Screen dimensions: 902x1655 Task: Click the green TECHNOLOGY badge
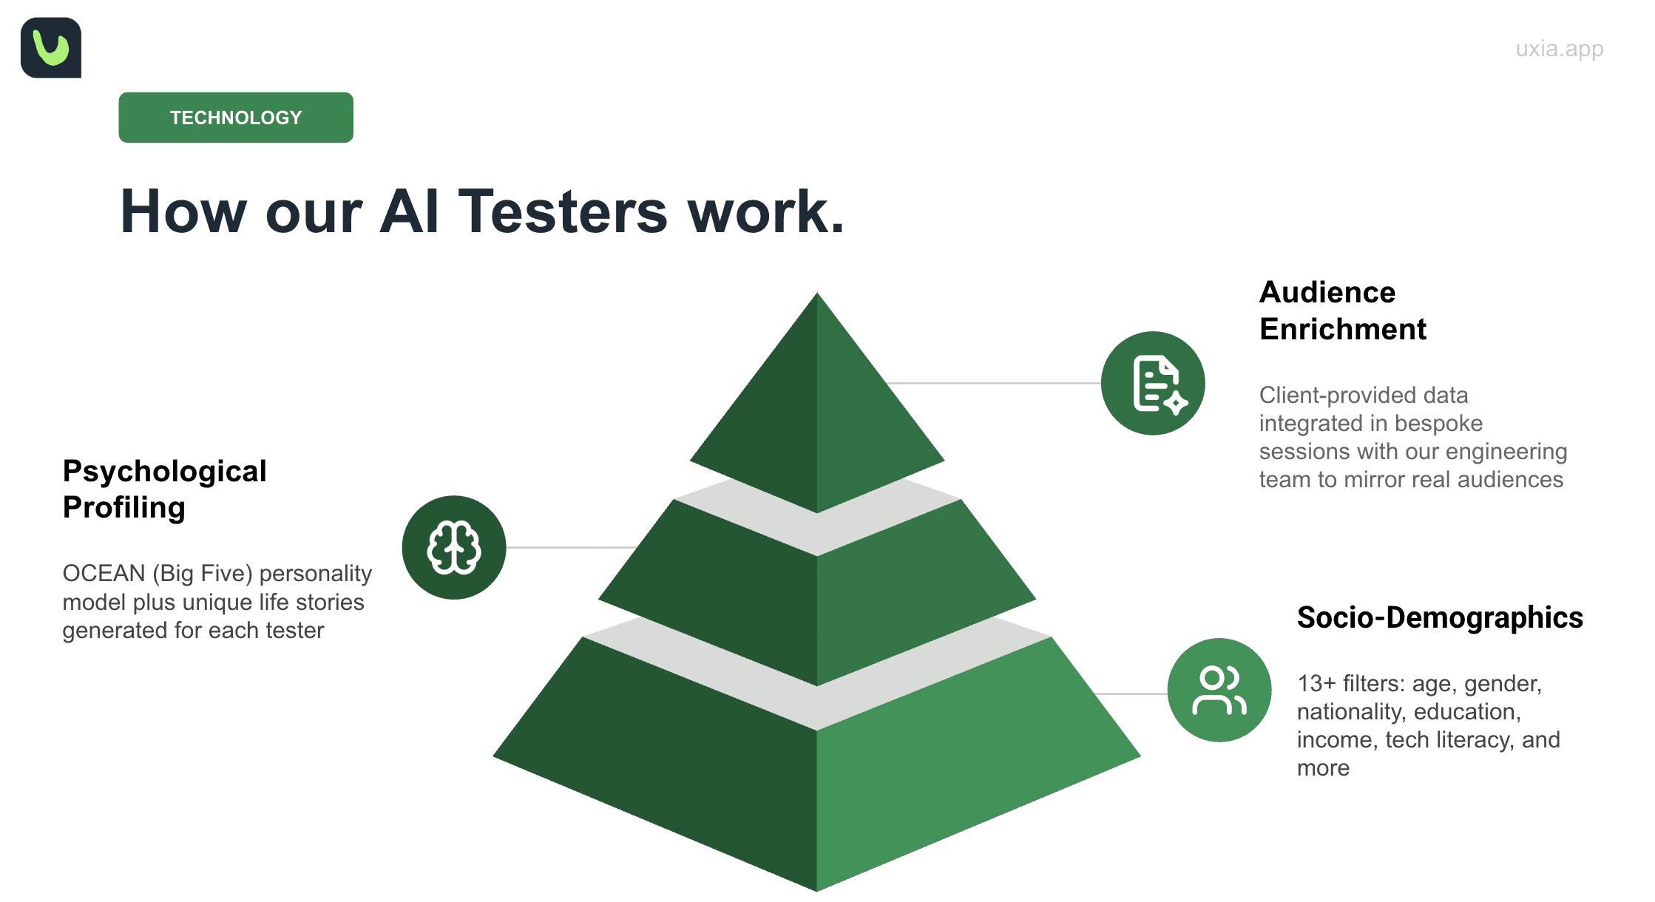(x=236, y=118)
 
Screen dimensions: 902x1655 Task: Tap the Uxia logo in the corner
(x=51, y=48)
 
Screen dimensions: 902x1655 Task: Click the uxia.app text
(x=1559, y=49)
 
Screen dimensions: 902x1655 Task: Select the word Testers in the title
(x=563, y=212)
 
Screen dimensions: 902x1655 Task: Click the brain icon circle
(x=454, y=547)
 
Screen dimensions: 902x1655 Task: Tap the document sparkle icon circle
(x=1153, y=383)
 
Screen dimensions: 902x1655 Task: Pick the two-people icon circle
(x=1219, y=690)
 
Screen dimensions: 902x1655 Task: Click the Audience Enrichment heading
(x=1341, y=311)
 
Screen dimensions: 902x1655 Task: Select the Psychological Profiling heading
(x=164, y=489)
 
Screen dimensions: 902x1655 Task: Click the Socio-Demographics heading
(x=1440, y=617)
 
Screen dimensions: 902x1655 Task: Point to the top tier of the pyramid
(x=817, y=414)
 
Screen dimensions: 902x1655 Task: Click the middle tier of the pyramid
(x=817, y=606)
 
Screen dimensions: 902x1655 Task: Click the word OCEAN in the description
(x=104, y=574)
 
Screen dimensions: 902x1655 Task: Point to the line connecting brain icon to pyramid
(x=569, y=547)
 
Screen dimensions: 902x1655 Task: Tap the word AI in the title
(x=410, y=212)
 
